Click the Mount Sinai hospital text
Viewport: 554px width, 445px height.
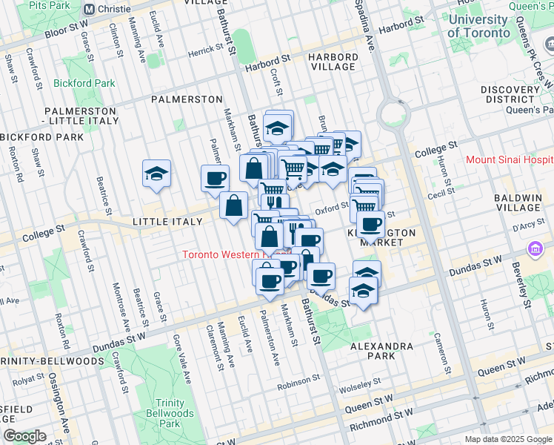[510, 159]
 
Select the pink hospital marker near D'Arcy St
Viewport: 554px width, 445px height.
[534, 251]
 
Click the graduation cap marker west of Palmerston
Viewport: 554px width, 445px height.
[157, 174]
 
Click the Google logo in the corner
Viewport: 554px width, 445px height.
[24, 436]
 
